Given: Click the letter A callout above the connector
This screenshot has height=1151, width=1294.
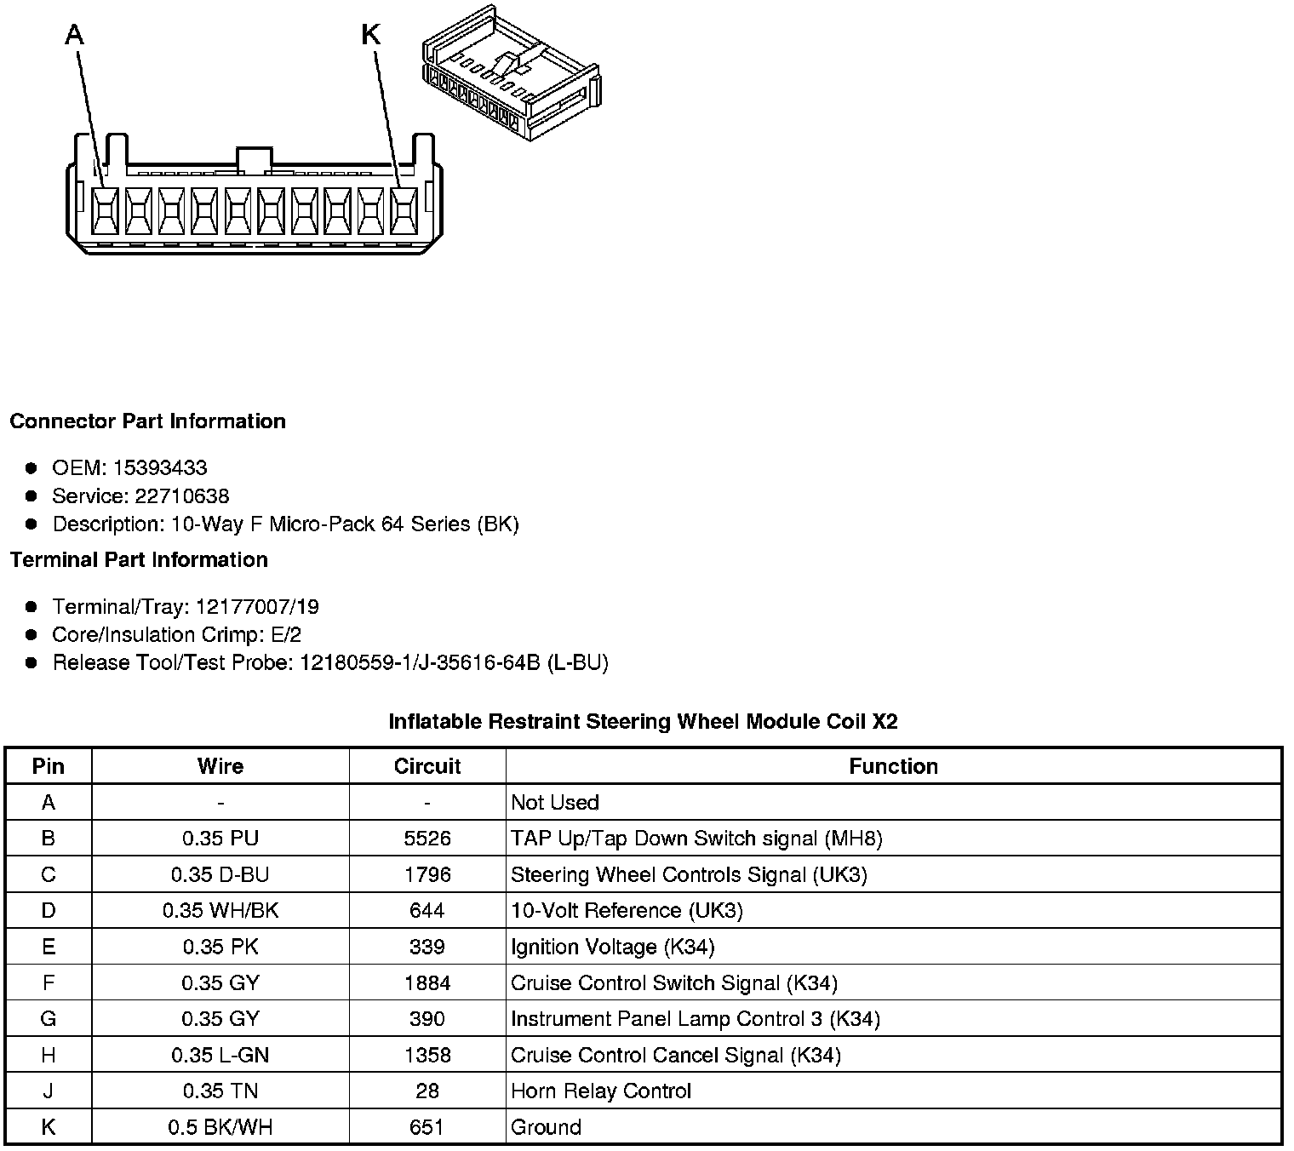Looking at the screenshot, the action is pos(75,35).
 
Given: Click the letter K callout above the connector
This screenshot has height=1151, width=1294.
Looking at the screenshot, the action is pos(371,35).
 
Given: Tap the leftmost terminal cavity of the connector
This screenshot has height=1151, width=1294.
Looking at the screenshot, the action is pos(105,210).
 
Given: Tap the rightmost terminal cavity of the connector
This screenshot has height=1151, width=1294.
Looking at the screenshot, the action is pos(404,210).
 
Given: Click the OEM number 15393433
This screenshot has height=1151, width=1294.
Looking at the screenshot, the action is pos(160,467).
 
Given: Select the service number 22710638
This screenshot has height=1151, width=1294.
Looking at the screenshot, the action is pos(181,495).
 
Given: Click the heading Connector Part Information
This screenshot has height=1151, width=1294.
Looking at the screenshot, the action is pos(148,421).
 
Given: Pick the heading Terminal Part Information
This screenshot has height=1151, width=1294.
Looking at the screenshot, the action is pos(139,559).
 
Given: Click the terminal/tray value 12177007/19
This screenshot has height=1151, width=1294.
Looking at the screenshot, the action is pos(257,606).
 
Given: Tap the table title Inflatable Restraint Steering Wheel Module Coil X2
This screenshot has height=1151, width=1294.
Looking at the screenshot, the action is pos(643,722).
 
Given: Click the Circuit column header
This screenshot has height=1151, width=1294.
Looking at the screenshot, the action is pos(427,766).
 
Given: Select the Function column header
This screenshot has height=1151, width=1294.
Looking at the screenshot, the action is pos(893,766).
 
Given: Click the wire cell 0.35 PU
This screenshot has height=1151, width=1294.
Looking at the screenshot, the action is pos(220,839).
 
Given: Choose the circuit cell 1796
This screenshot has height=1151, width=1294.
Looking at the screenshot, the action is pos(427,874).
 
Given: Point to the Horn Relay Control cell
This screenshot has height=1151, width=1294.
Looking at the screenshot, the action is pos(601,1091).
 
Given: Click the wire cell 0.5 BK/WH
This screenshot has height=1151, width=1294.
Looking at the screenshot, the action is pos(220,1127).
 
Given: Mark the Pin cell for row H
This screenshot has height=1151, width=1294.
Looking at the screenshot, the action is pos(49,1055).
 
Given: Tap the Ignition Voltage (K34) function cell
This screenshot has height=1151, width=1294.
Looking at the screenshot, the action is pos(612,947).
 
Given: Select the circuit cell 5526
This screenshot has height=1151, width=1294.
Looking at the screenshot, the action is pos(427,839).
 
